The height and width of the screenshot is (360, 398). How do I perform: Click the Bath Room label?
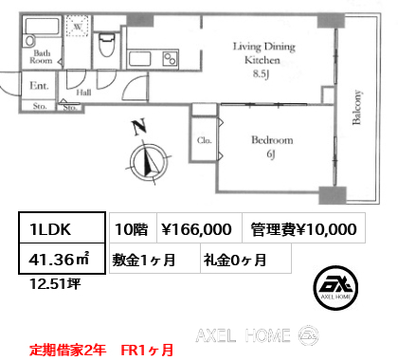[41, 57]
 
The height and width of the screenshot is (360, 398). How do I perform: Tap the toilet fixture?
[107, 45]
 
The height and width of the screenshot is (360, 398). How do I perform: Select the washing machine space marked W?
[78, 26]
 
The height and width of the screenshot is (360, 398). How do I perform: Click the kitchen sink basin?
[140, 59]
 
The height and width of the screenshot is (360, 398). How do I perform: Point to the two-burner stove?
[171, 59]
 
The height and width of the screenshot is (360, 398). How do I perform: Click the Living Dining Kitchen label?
[264, 53]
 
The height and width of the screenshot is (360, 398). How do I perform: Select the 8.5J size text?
[261, 74]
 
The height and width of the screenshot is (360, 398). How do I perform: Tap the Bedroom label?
[272, 140]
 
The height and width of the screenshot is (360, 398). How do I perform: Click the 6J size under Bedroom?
[271, 154]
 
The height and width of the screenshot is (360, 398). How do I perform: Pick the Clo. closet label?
[204, 140]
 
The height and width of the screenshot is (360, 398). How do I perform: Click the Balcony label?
[356, 107]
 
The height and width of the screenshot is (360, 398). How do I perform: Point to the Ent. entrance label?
[39, 85]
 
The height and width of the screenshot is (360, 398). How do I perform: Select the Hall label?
[83, 93]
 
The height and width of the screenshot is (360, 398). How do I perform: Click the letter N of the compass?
[139, 126]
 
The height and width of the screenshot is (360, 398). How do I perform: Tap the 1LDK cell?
[62, 228]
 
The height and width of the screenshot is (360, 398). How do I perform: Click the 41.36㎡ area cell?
[62, 259]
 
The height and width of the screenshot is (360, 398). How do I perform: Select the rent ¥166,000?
[196, 229]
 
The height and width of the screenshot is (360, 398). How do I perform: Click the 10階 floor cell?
[133, 228]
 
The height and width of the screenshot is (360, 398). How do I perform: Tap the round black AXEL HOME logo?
[335, 288]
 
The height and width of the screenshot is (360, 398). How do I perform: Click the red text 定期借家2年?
[68, 350]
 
